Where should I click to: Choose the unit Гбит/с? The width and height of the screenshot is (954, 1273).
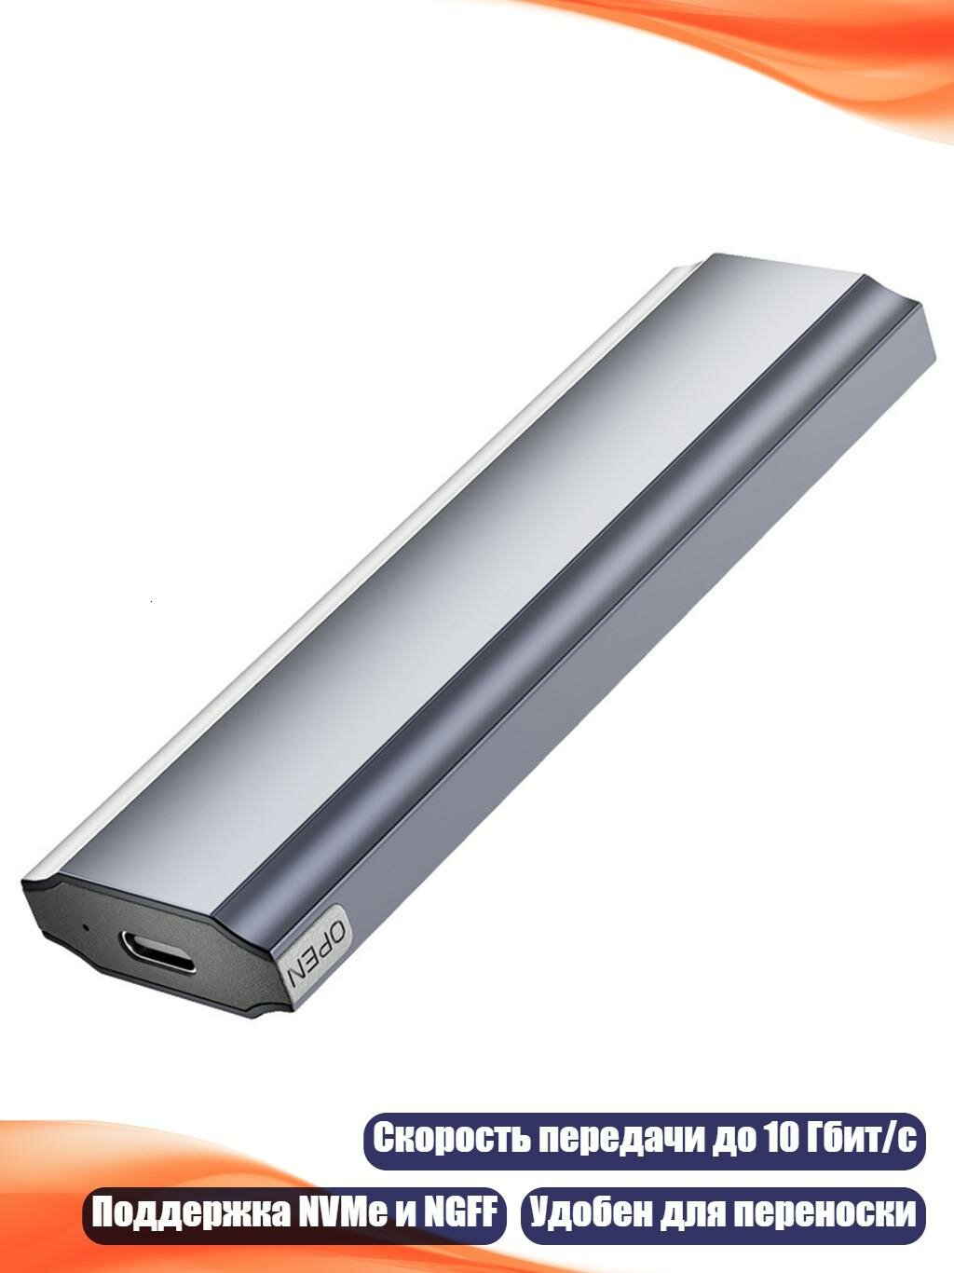coord(862,1139)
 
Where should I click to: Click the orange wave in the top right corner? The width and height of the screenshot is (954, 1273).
coord(838,47)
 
